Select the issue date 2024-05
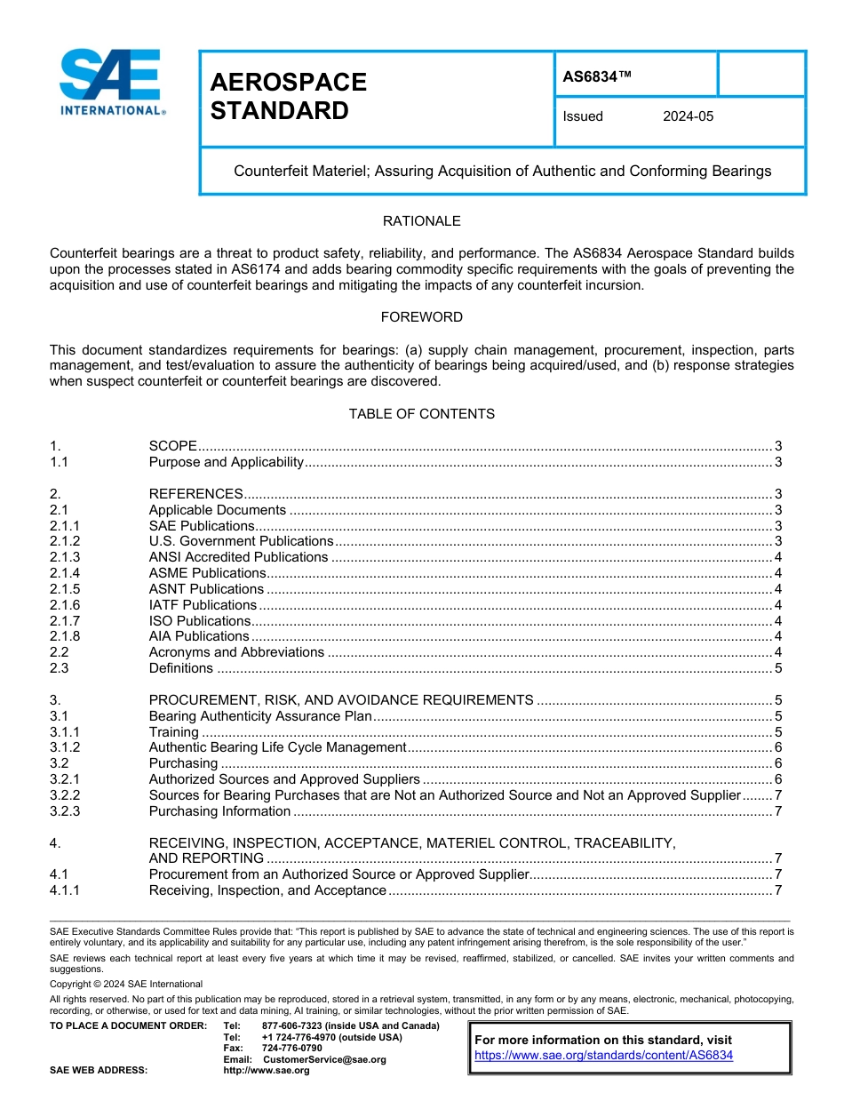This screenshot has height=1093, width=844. pyautogui.click(x=688, y=116)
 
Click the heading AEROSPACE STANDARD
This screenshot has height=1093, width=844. pyautogui.click(x=288, y=96)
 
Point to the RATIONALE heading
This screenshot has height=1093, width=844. pyautogui.click(x=421, y=221)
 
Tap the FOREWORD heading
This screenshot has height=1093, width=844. pyautogui.click(x=421, y=317)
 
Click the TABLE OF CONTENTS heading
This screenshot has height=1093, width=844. pyautogui.click(x=421, y=414)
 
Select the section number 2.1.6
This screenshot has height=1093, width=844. pyautogui.click(x=65, y=605)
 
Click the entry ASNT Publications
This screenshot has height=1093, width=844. pyautogui.click(x=206, y=589)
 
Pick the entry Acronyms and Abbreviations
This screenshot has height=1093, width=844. pyautogui.click(x=236, y=652)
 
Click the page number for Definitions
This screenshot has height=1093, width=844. pyautogui.click(x=777, y=668)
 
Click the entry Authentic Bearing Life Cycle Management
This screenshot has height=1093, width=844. pyautogui.click(x=277, y=748)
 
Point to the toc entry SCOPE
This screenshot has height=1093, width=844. pyautogui.click(x=172, y=446)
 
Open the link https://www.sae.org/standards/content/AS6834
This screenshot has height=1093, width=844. pyautogui.click(x=603, y=1056)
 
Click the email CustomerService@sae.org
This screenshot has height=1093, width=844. pyautogui.click(x=324, y=1059)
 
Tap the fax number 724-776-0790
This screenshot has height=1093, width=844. pyautogui.click(x=292, y=1049)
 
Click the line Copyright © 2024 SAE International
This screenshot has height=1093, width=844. pyautogui.click(x=126, y=984)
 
